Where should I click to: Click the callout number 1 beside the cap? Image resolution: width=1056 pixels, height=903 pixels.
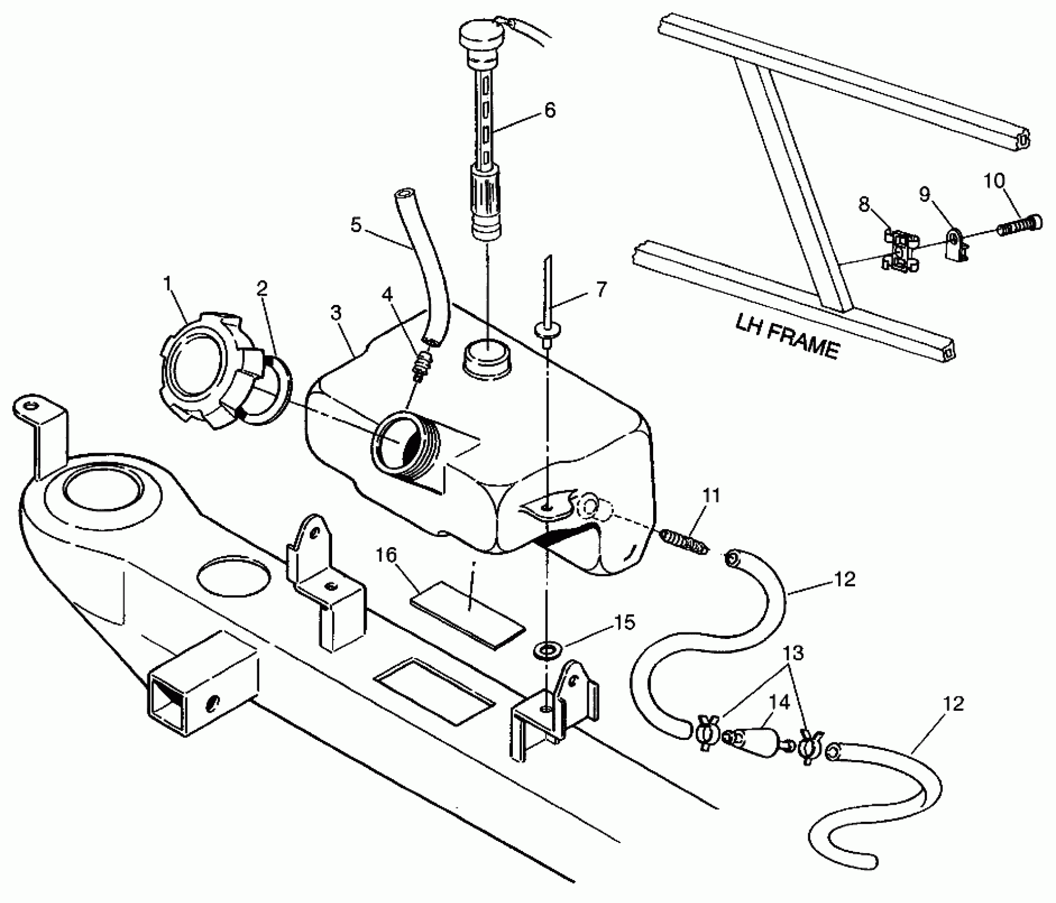pos(168,284)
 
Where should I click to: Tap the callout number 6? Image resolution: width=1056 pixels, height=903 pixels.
pos(550,110)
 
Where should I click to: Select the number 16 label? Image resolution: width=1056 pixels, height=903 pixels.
pos(386,556)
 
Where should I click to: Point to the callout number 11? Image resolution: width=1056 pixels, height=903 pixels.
pos(711,496)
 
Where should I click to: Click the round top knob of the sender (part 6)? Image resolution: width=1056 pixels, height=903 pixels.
pos(481,35)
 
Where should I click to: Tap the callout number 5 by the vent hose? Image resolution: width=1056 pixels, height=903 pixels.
pos(356,225)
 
